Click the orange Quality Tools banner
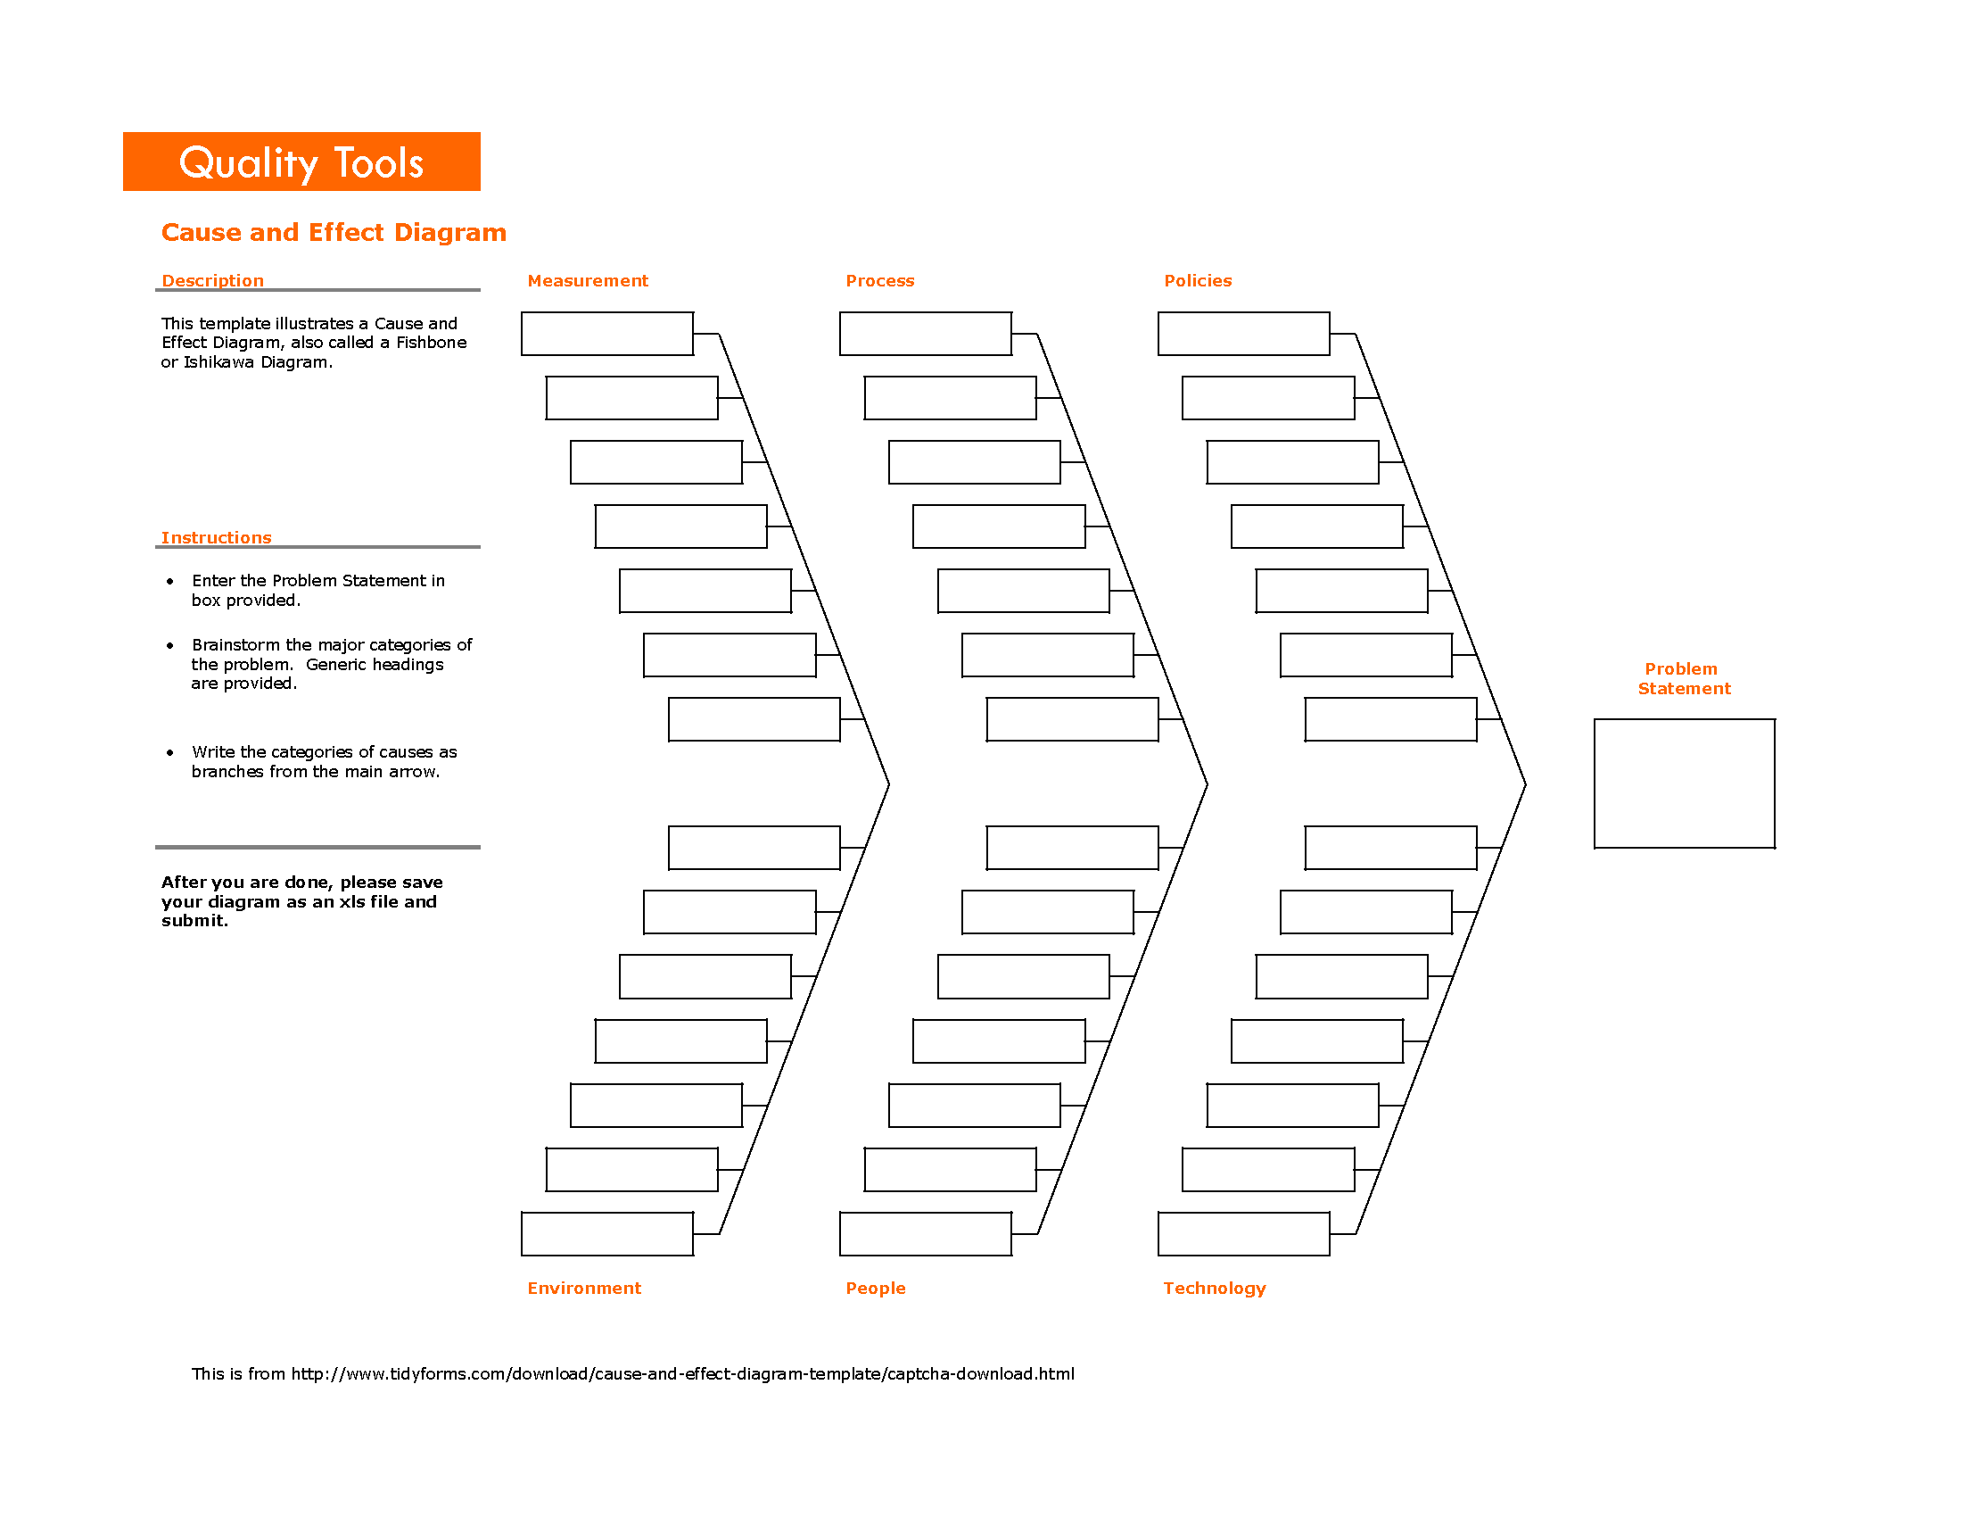(301, 162)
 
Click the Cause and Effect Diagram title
(334, 232)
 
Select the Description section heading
(213, 280)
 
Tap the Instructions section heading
(216, 537)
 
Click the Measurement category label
(588, 280)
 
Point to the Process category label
(879, 280)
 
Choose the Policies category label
(1198, 280)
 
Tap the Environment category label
(584, 1288)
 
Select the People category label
(875, 1288)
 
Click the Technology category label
(1214, 1288)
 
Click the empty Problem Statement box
(1684, 783)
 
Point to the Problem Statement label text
(1683, 678)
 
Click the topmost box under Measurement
(607, 334)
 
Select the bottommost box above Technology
(1243, 1233)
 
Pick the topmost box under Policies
(1243, 334)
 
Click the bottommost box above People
(926, 1233)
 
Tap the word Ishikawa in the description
(218, 362)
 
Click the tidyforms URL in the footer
(683, 1373)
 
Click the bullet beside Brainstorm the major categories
(169, 645)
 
